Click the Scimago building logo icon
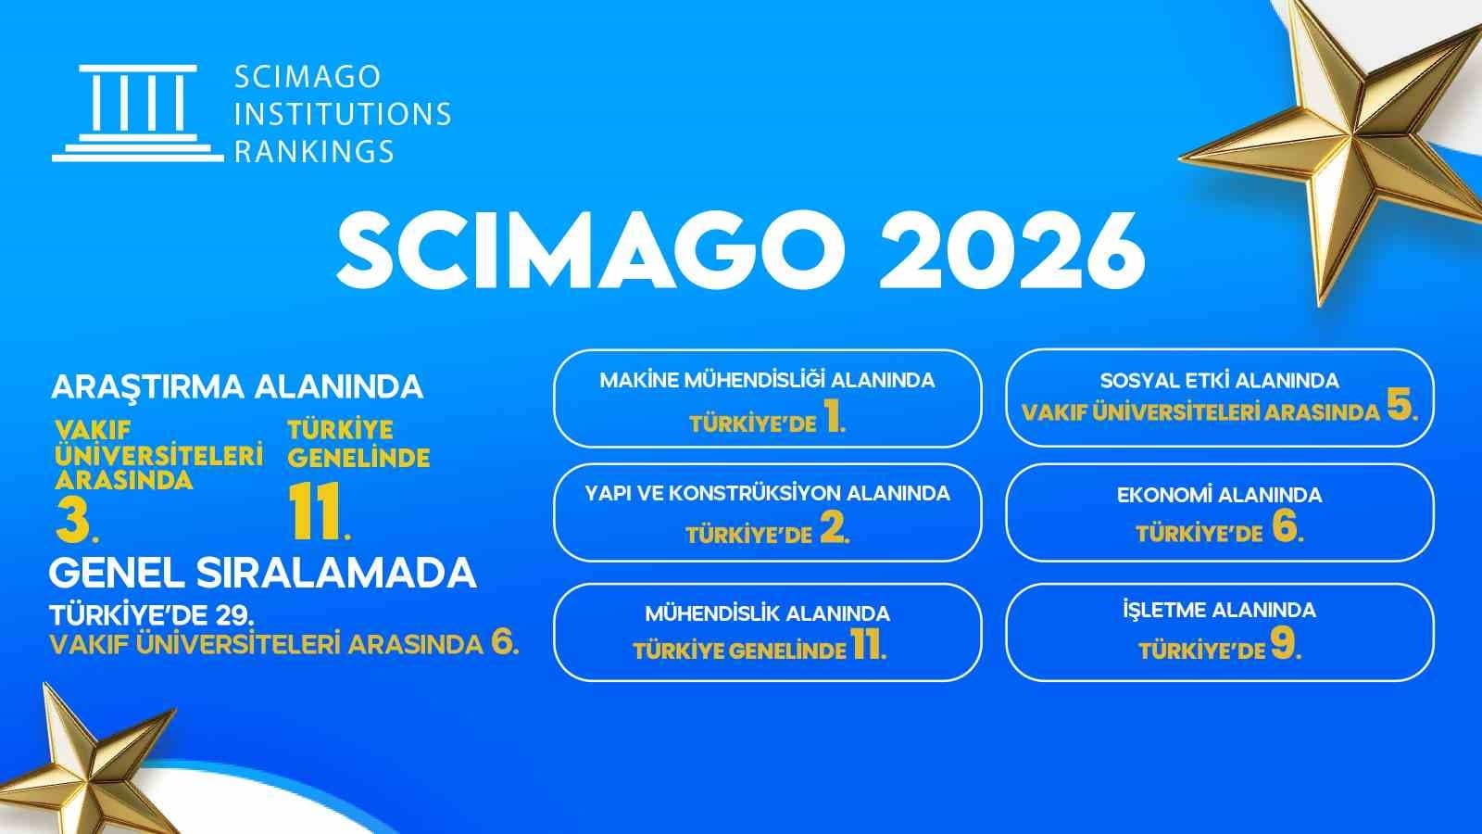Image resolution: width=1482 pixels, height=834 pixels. [137, 114]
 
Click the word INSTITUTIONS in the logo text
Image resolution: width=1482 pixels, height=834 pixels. [343, 114]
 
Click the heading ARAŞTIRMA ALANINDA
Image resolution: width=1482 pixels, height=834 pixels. [237, 386]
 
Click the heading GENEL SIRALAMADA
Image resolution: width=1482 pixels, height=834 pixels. [262, 574]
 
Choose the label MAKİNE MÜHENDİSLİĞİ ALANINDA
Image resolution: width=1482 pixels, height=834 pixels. [767, 380]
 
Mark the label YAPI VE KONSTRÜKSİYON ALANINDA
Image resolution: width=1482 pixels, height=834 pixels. [767, 493]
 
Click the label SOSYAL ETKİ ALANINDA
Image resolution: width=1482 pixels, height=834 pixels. [1219, 381]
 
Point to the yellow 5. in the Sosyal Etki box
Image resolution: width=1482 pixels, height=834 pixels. [1402, 410]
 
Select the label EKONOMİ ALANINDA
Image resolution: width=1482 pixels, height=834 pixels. [1219, 495]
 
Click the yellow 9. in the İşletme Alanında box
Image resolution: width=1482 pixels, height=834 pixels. [1286, 647]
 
